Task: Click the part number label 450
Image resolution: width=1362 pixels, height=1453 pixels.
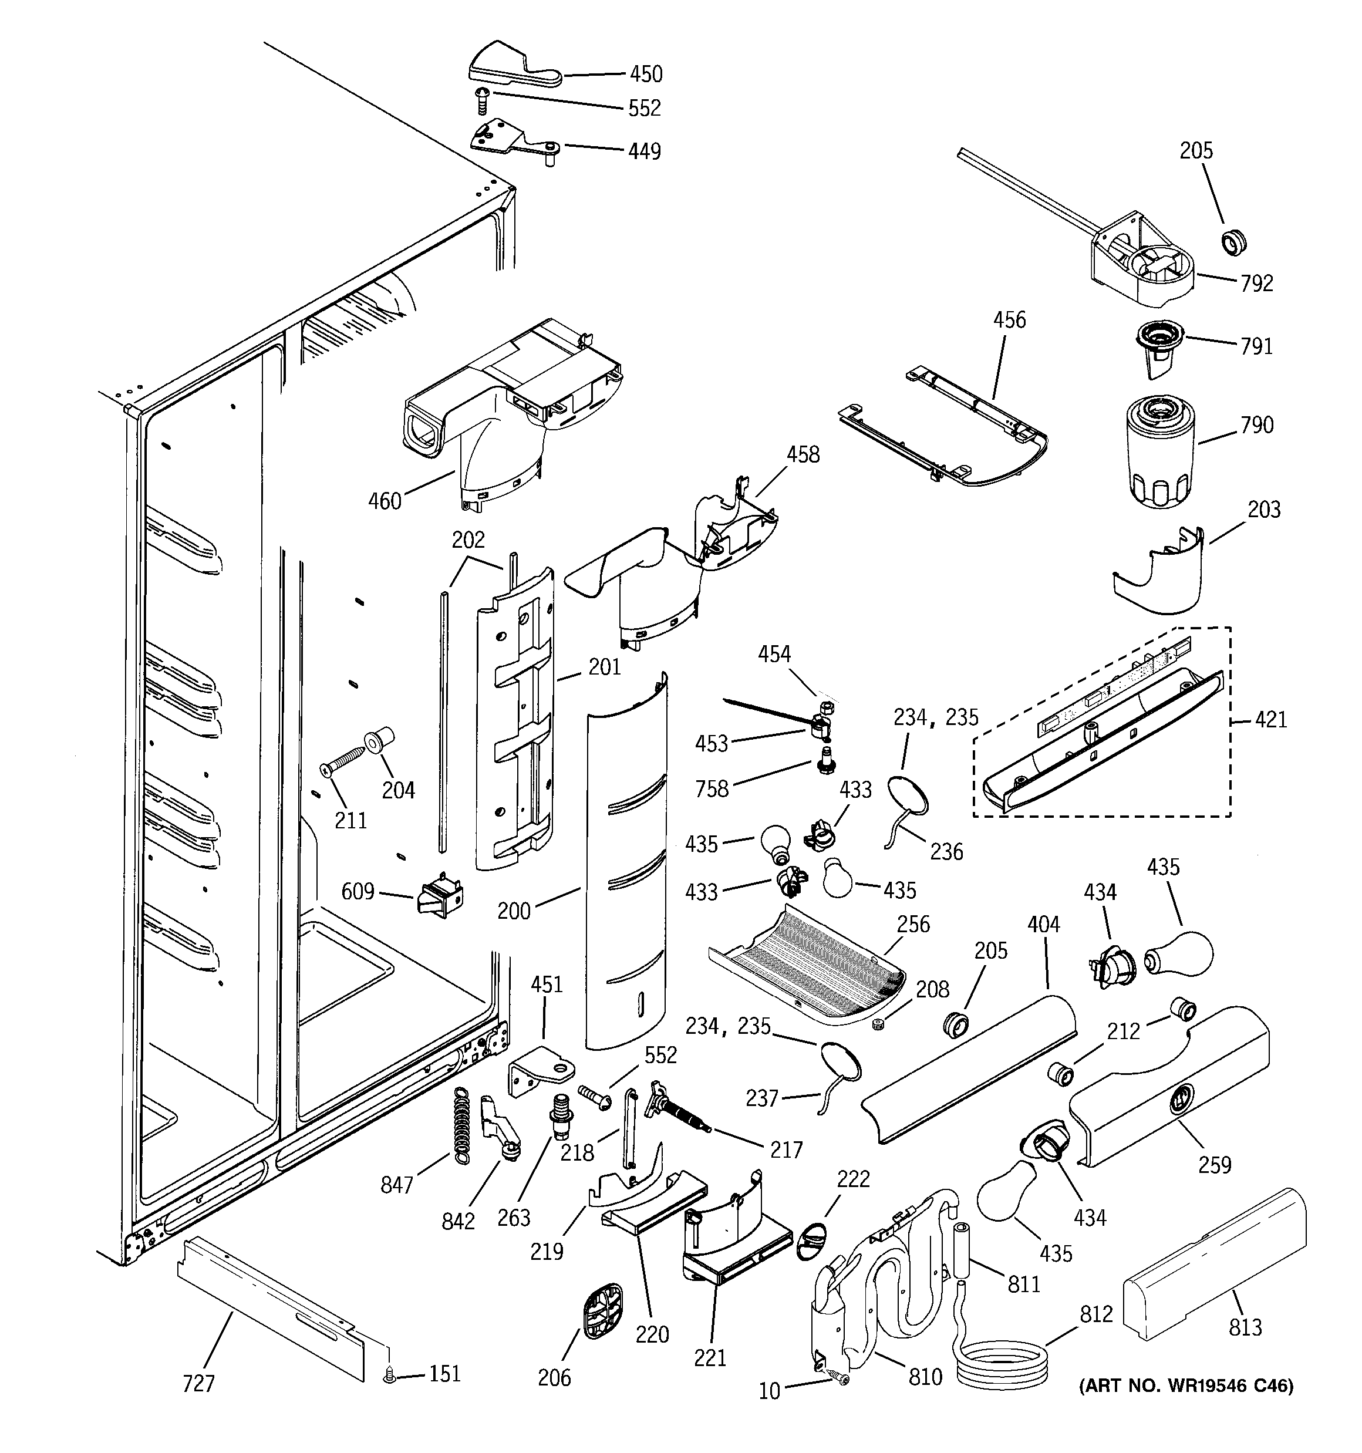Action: (646, 74)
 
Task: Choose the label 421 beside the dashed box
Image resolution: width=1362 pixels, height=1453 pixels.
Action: (1270, 720)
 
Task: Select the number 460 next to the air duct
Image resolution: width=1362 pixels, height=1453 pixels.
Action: (385, 501)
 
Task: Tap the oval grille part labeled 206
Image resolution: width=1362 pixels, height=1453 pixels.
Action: (604, 1312)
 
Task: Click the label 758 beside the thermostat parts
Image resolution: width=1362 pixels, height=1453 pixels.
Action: (712, 788)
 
